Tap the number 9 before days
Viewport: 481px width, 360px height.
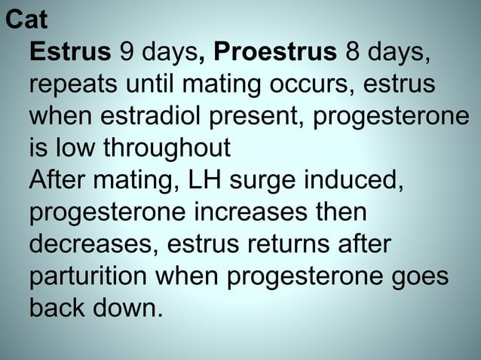pyautogui.click(x=126, y=53)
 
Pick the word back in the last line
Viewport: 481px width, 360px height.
pyautogui.click(x=58, y=309)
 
